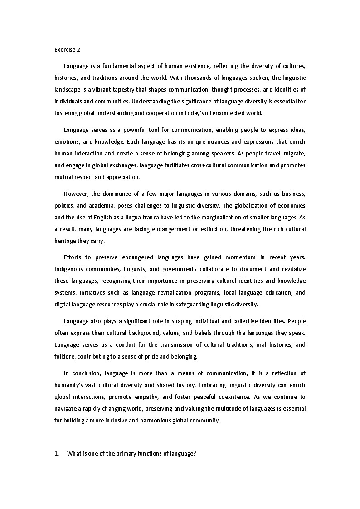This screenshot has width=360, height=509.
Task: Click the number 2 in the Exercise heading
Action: click(78, 50)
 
